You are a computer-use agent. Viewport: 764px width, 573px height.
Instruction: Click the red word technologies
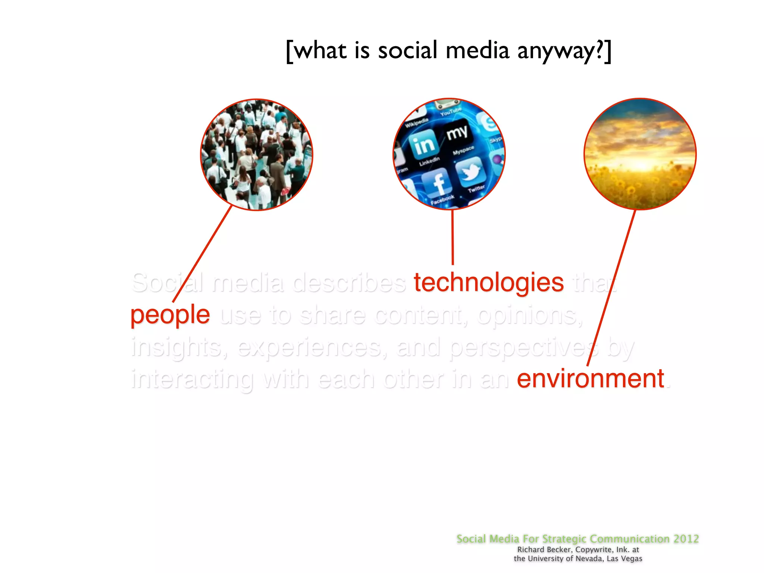point(488,282)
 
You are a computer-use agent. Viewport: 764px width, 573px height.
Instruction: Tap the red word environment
point(590,379)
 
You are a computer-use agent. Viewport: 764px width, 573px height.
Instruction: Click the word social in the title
point(407,50)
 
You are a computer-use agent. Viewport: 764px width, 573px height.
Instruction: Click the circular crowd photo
point(257,155)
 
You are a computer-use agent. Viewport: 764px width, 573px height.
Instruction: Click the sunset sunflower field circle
point(640,154)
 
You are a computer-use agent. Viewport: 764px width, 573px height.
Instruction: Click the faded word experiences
point(310,347)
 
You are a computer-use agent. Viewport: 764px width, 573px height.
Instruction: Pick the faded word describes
point(349,282)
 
